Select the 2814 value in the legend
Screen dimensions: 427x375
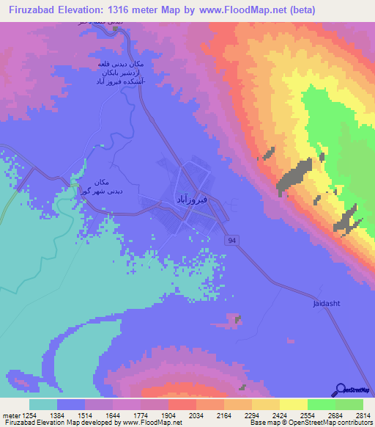coord(363,415)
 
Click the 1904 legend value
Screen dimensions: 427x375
coord(168,415)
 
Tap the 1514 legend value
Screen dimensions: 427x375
coord(86,415)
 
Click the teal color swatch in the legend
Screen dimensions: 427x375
coord(43,404)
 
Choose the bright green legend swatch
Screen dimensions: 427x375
coord(321,404)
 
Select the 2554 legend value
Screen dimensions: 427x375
coord(305,415)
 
